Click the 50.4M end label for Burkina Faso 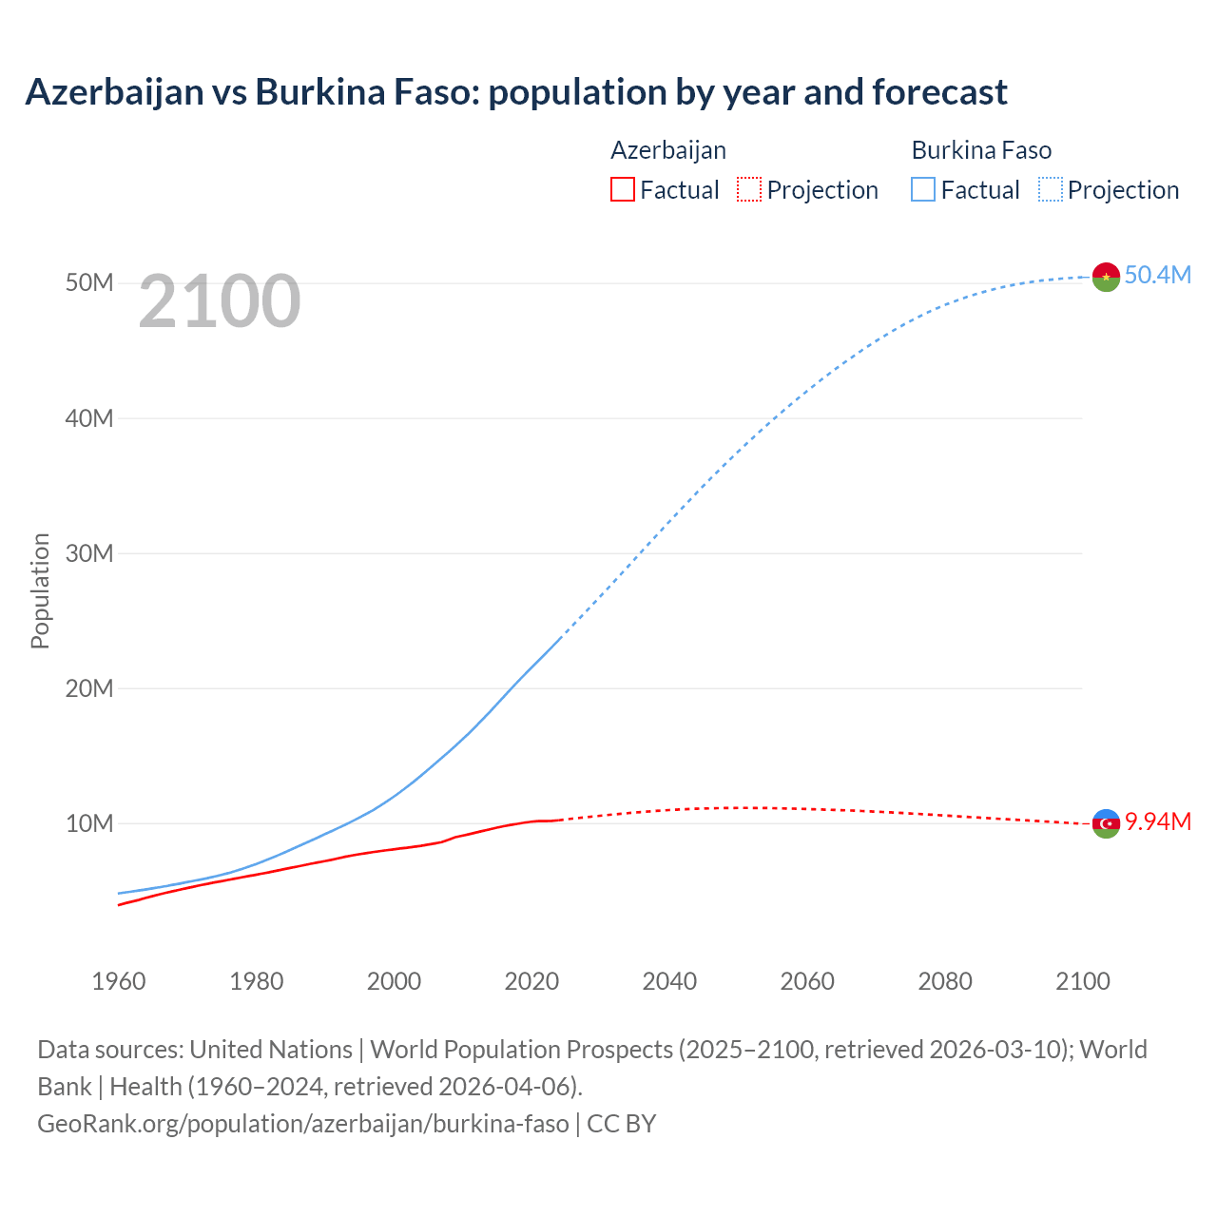coord(1157,275)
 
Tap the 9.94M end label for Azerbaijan coord(1157,821)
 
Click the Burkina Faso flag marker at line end coord(1106,277)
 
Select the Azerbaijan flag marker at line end coord(1106,823)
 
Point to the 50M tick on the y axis coord(89,283)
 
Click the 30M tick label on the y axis coord(89,553)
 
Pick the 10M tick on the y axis coord(89,823)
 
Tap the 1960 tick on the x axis coord(119,980)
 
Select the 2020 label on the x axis coord(531,980)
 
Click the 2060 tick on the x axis coord(807,980)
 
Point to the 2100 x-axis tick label coord(1083,980)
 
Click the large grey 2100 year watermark coord(220,301)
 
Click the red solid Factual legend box coord(622,189)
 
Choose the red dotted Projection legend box coord(749,189)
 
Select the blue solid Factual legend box coord(923,189)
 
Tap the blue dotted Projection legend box coord(1051,189)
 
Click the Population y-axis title coord(40,590)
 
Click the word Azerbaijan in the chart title coord(114,92)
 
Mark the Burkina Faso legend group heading coord(981,150)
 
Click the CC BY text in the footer coord(622,1123)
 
